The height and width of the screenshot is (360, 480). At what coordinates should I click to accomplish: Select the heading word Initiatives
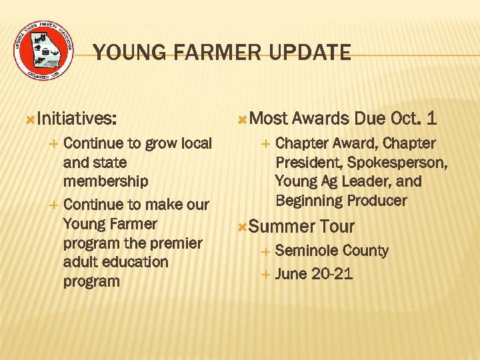point(77,119)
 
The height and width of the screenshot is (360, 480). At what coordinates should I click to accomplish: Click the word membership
point(105,181)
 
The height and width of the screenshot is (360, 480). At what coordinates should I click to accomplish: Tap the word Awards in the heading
point(321,119)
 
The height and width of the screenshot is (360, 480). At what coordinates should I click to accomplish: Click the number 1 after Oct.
point(431,119)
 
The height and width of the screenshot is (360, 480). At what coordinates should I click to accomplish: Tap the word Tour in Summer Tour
point(337,227)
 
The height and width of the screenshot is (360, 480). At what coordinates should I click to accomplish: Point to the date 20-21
point(332,274)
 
